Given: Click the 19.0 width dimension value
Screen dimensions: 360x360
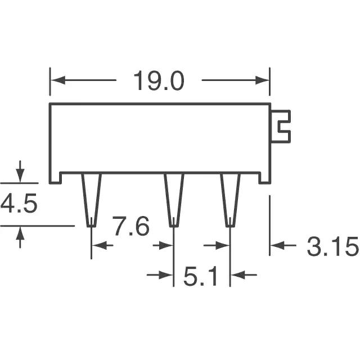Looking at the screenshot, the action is (x=159, y=80).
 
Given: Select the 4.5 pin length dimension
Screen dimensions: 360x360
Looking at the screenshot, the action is (x=19, y=203).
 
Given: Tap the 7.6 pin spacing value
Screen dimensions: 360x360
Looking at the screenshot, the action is (x=131, y=226).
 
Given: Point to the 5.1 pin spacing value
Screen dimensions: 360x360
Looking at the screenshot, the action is (x=200, y=276).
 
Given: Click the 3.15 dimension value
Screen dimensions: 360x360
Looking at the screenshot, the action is (x=332, y=246).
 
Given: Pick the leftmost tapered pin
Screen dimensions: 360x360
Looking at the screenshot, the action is (x=92, y=200).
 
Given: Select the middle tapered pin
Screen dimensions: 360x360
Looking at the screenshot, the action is (x=174, y=200).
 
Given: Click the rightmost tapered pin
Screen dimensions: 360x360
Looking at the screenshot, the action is (x=230, y=200).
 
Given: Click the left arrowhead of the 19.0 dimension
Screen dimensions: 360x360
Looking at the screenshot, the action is (x=57, y=80).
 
